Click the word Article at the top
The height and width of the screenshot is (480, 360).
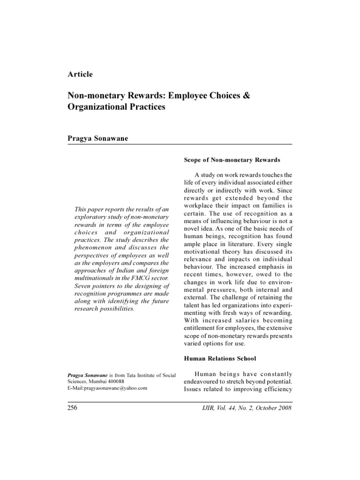click(x=80, y=74)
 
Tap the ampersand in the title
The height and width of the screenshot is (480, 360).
click(x=246, y=95)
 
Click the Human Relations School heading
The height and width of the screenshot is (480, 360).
click(x=219, y=359)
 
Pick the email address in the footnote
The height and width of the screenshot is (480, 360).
click(x=108, y=388)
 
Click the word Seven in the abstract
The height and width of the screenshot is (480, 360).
click(x=84, y=286)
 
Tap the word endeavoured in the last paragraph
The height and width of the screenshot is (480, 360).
click(x=200, y=381)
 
